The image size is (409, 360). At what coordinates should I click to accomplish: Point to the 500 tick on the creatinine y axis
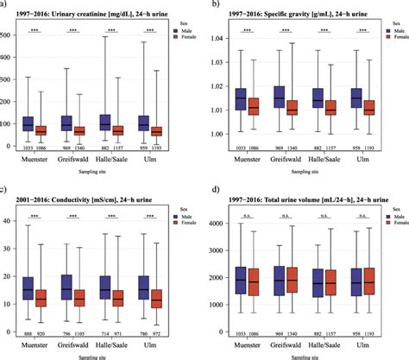[12, 34]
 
